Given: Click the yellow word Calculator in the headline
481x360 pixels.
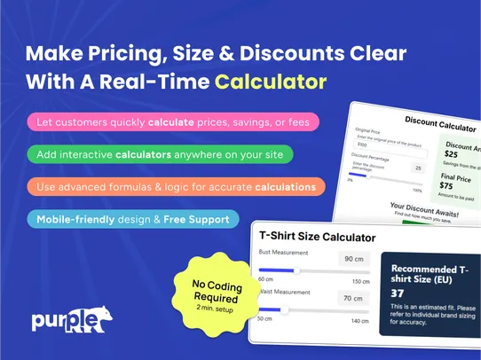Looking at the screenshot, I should (x=270, y=82).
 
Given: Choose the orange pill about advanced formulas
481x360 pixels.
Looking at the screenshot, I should (x=176, y=187).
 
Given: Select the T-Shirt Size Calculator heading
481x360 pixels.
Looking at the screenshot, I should (x=317, y=237).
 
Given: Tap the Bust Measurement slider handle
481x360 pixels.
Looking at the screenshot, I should (x=296, y=270).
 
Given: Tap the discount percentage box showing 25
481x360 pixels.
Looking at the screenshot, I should (x=417, y=168).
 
